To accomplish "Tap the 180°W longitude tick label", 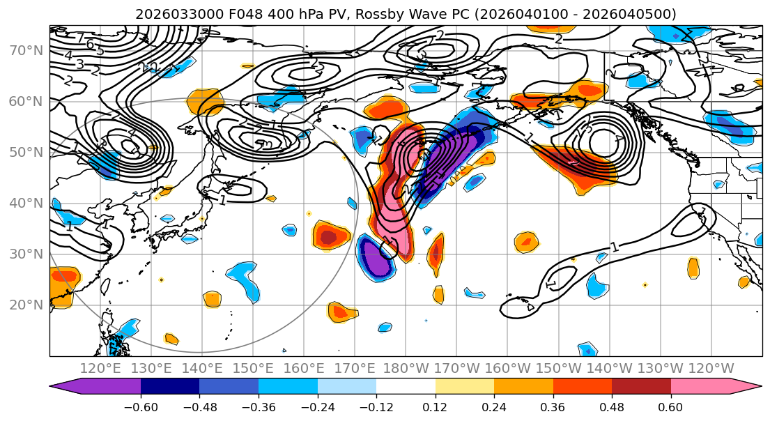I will pyautogui.click(x=404, y=368).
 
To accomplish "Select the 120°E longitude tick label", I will pyautogui.click(x=100, y=368).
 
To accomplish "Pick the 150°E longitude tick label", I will pyautogui.click(x=252, y=368).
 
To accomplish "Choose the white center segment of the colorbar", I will pyautogui.click(x=406, y=388).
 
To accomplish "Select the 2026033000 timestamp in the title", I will pyautogui.click(x=171, y=14).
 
